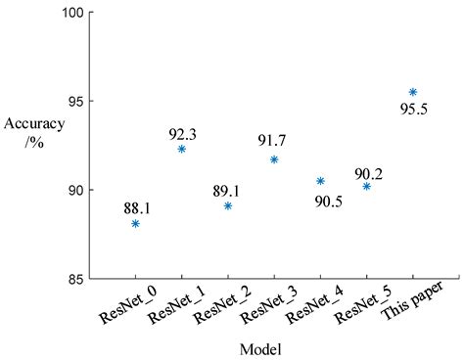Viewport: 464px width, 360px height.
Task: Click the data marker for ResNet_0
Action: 135,224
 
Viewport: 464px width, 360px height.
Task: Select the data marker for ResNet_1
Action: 181,149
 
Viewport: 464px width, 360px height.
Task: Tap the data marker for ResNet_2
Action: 228,205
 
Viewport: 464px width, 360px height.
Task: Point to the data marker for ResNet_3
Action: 274,159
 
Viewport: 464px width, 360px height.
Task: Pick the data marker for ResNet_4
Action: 320,181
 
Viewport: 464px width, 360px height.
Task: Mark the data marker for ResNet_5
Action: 366,186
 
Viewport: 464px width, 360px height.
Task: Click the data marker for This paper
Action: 412,92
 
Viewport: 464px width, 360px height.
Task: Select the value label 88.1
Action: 136,207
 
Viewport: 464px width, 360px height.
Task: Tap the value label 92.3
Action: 182,132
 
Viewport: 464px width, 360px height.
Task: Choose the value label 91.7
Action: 274,143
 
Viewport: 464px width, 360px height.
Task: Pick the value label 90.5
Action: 321,202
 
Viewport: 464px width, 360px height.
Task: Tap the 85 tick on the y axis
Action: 78,279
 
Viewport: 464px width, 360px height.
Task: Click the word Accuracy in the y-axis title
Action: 35,124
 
